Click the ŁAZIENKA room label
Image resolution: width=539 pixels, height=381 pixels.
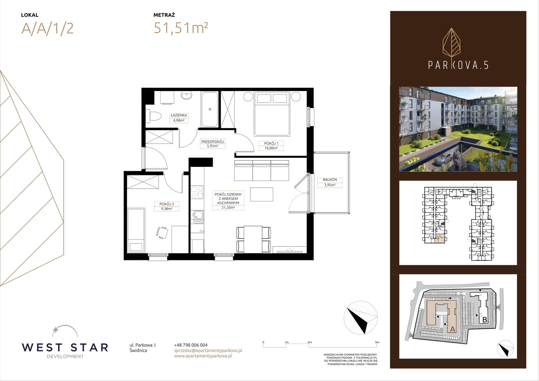[179, 115]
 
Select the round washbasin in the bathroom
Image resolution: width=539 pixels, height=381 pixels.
[187, 96]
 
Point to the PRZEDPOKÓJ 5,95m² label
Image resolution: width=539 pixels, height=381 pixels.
[212, 144]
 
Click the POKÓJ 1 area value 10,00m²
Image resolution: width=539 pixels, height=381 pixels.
[271, 148]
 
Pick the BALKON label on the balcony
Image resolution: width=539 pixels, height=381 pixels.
[330, 180]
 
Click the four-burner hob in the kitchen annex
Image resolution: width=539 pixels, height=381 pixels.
[197, 192]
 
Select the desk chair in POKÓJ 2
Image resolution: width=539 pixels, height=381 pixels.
[162, 232]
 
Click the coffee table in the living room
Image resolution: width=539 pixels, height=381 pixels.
[261, 194]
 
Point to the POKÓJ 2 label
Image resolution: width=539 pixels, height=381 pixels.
[166, 204]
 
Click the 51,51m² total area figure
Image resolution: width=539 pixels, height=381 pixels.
[181, 28]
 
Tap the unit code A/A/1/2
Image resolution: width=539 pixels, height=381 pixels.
[47, 29]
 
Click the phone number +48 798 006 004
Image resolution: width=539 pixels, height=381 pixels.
[191, 345]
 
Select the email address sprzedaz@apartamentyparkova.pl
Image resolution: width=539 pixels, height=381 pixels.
[208, 350]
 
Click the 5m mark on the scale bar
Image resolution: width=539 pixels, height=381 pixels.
[377, 342]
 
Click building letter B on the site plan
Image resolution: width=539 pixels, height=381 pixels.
[485, 320]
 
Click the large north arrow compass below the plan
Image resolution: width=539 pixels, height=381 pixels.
[361, 318]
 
